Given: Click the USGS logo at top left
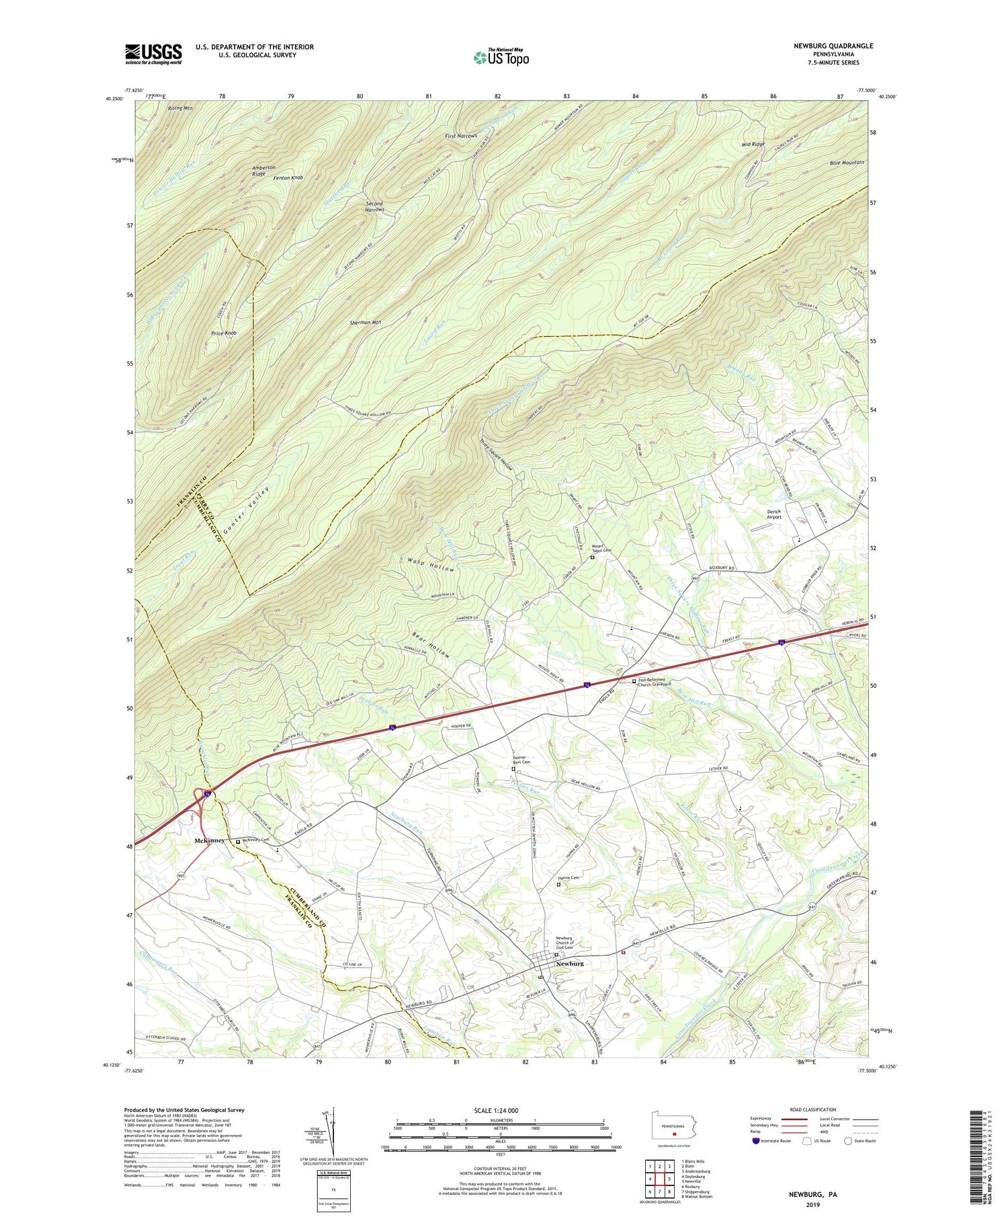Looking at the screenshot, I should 153,54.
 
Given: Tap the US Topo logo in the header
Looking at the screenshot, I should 501,57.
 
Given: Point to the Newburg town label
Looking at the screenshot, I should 569,964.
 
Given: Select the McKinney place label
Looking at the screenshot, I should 209,840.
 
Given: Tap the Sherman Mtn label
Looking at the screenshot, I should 366,322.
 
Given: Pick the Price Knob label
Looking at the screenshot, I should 224,333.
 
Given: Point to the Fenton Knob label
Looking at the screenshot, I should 288,178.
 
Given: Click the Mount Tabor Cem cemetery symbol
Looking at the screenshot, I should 592,557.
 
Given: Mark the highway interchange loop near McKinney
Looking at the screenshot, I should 202,797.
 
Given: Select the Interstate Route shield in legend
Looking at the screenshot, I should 756,1141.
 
